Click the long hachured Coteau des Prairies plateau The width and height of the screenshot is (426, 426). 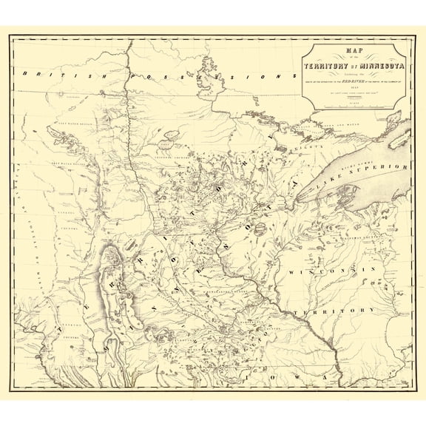pyautogui.click(x=111, y=274)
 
